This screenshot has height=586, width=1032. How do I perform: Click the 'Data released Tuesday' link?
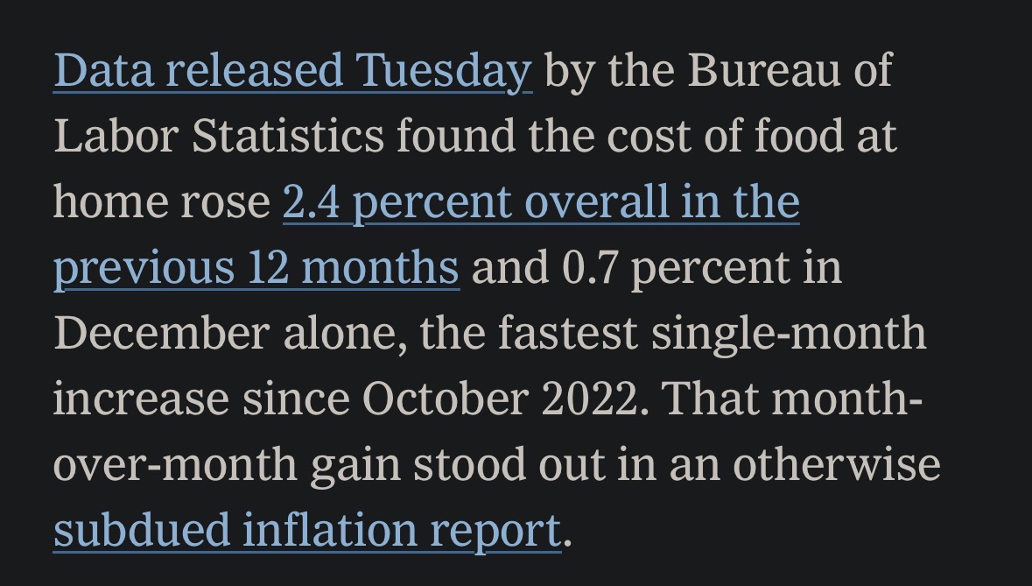pyautogui.click(x=292, y=70)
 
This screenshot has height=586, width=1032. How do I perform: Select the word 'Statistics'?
pyautogui.click(x=287, y=136)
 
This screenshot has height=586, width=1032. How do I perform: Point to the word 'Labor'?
pyautogui.click(x=116, y=136)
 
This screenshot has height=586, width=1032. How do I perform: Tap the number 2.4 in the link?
pyautogui.click(x=311, y=201)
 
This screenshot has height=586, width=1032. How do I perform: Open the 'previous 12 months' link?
pyautogui.click(x=256, y=267)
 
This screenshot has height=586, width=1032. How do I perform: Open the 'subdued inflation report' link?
pyautogui.click(x=306, y=530)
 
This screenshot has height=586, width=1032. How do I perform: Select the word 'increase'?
pyautogui.click(x=141, y=399)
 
